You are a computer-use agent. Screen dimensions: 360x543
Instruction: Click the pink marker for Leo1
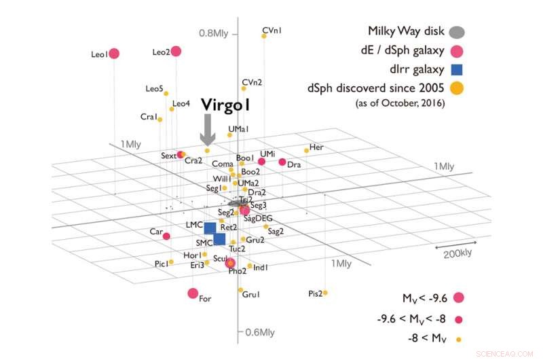(x=114, y=54)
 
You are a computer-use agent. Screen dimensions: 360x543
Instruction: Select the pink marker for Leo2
(x=176, y=51)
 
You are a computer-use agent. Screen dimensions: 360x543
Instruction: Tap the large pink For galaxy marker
(x=193, y=293)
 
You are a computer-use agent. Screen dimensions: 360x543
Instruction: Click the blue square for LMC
(x=210, y=228)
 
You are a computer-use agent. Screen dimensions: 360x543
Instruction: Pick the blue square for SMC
(x=219, y=239)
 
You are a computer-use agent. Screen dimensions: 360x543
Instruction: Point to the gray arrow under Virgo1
(x=208, y=128)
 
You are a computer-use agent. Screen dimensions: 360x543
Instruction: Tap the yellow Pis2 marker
(x=325, y=293)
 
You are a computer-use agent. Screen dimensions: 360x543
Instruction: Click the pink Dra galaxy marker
(x=282, y=162)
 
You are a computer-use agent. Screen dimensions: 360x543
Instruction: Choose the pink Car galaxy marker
(x=166, y=236)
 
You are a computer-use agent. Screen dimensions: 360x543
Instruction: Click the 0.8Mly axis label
(x=214, y=33)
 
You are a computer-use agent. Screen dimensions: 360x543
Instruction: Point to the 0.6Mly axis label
(x=258, y=332)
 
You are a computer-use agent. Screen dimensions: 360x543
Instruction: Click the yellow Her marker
(x=306, y=150)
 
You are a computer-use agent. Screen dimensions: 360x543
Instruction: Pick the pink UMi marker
(x=261, y=161)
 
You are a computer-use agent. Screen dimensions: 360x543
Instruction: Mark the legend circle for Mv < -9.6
(x=458, y=297)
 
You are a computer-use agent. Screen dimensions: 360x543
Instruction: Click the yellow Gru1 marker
(x=241, y=290)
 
